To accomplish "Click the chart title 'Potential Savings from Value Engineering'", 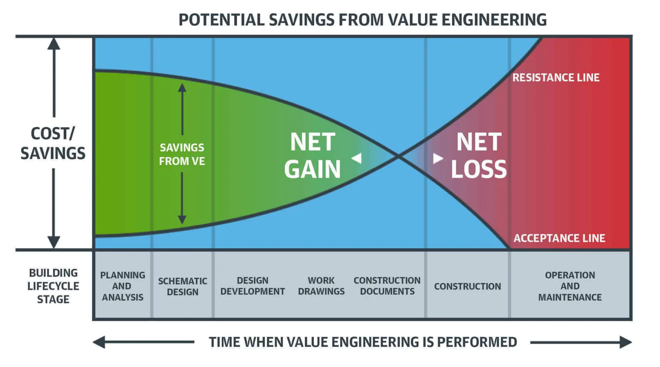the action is (x=362, y=20).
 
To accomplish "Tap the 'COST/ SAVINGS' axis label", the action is (x=53, y=143).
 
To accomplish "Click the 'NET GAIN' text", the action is (x=312, y=155).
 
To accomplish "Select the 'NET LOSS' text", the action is (x=478, y=155).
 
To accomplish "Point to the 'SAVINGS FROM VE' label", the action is (x=182, y=154).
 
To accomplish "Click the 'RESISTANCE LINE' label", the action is (x=556, y=78).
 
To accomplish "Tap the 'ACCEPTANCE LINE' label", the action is (x=559, y=238).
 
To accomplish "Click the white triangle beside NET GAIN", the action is (x=357, y=158).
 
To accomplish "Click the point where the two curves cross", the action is (x=398, y=157).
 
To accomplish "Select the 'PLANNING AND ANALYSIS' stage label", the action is (x=122, y=286).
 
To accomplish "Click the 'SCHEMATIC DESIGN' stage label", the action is (x=183, y=287).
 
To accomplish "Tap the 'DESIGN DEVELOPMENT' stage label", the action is (x=253, y=286).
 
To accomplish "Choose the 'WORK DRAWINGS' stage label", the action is (x=321, y=286).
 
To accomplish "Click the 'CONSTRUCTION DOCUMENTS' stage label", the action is (x=387, y=286).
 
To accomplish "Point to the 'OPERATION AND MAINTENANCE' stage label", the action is (x=570, y=286).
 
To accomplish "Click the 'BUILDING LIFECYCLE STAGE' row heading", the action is (x=53, y=286).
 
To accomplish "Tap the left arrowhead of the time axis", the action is (x=99, y=342).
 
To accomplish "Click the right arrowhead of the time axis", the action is (x=626, y=342).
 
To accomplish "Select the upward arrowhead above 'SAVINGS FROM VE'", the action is (x=182, y=88).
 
